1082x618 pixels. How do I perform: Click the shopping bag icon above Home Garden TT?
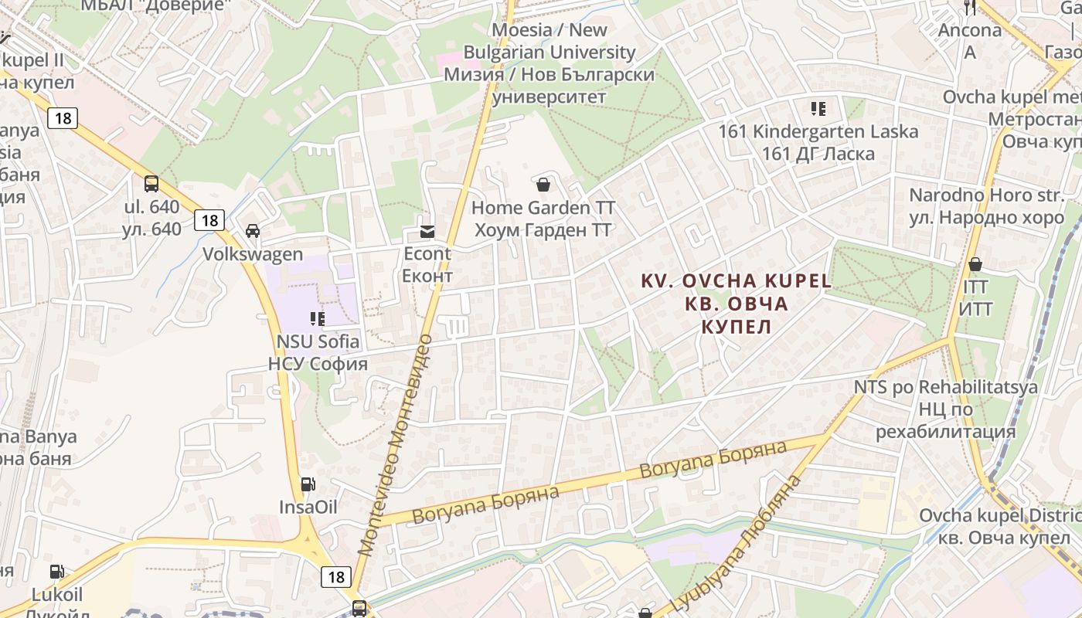tap(543, 185)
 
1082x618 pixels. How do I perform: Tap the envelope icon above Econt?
tap(427, 231)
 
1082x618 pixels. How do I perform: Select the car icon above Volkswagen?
tap(253, 231)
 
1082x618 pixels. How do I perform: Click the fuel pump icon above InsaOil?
tap(308, 484)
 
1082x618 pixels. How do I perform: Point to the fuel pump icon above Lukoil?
tap(56, 572)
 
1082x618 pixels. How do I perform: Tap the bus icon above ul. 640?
tap(151, 184)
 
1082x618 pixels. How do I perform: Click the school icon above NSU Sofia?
tap(318, 317)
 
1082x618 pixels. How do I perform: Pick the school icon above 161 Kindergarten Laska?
tap(818, 108)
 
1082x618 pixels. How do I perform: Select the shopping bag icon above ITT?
tap(975, 264)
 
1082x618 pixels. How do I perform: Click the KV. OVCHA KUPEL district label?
tap(737, 303)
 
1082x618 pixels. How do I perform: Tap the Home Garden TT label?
tap(543, 219)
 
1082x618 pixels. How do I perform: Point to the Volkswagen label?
tap(253, 254)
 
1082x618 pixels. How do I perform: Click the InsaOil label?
tap(308, 507)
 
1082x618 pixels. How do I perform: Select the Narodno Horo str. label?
tap(986, 206)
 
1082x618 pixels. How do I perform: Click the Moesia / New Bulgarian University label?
tap(550, 63)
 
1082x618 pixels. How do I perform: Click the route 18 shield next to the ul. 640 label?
tap(209, 220)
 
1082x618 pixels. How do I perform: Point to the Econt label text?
tap(427, 265)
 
